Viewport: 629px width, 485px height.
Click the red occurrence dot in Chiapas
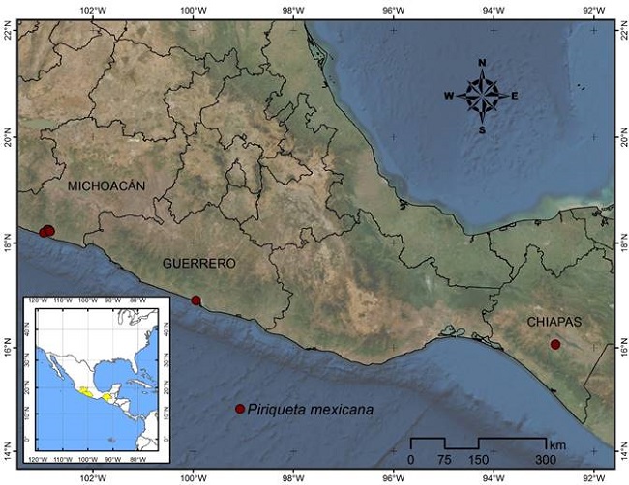click(x=555, y=344)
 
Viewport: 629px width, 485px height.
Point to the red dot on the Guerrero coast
click(x=196, y=300)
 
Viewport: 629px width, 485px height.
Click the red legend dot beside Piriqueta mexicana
click(x=240, y=409)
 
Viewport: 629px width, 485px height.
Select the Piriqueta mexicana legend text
click(x=310, y=409)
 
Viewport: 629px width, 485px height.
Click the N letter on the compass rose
click(x=482, y=63)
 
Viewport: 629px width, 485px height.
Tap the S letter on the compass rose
click(x=482, y=130)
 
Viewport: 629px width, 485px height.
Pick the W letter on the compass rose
click(x=449, y=96)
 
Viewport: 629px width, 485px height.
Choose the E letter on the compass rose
click(x=514, y=96)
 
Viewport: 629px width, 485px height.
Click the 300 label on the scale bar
click(x=547, y=458)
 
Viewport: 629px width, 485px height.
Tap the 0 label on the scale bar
click(x=411, y=458)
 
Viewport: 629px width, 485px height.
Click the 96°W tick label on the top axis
click(x=393, y=10)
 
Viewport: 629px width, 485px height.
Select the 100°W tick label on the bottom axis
click(x=194, y=476)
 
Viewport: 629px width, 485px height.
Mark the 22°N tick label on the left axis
click(x=8, y=33)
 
